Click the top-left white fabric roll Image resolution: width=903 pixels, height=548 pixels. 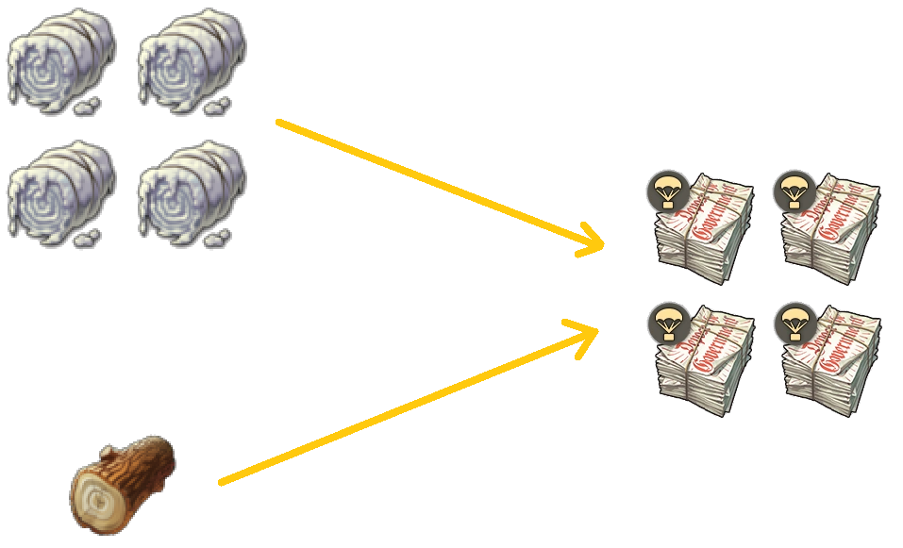tap(61, 62)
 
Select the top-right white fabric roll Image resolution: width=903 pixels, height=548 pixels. tap(192, 62)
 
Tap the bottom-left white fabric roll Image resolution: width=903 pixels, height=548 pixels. tap(61, 192)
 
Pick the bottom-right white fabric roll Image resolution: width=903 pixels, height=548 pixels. tap(192, 192)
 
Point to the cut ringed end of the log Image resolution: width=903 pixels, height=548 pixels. tap(96, 500)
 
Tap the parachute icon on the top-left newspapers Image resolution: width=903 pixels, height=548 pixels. tap(666, 191)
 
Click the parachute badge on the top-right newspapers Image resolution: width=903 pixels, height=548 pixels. tap(794, 191)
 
